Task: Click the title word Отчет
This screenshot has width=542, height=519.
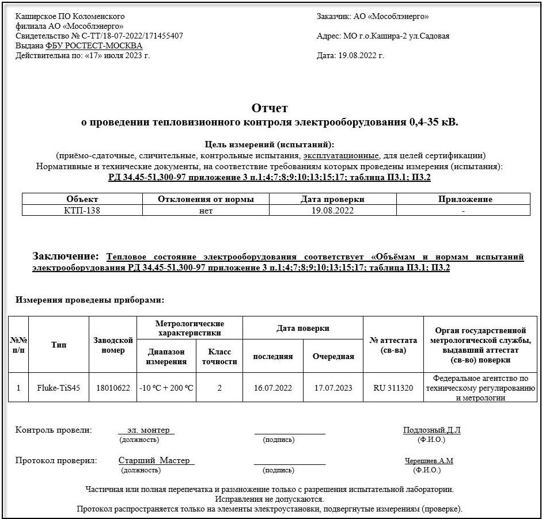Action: pos(270,108)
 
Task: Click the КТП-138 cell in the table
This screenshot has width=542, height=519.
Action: pos(82,211)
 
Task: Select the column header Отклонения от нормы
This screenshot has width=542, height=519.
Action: pos(206,199)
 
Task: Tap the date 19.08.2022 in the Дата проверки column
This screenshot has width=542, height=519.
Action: pos(332,211)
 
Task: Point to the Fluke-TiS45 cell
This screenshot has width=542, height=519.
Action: pos(59,388)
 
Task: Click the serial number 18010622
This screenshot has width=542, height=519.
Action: pos(113,388)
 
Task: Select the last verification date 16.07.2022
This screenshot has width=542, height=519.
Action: pos(273,388)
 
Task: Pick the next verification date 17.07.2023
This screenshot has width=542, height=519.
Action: pos(333,388)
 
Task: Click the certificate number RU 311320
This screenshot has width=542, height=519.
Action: pos(393,388)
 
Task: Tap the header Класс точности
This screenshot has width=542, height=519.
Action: pos(219,357)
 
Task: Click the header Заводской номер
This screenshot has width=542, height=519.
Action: pos(113,345)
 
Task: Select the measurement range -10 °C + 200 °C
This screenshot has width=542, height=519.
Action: pos(166,388)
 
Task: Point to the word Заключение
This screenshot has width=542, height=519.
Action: pos(65,256)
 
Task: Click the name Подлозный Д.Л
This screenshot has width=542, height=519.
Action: pos(431,430)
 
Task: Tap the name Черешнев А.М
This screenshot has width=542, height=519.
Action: pos(429,461)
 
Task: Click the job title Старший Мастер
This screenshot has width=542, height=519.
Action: pos(156,461)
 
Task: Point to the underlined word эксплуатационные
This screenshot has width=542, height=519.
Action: pos(341,155)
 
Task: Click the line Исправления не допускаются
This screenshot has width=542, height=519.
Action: pos(269,499)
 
